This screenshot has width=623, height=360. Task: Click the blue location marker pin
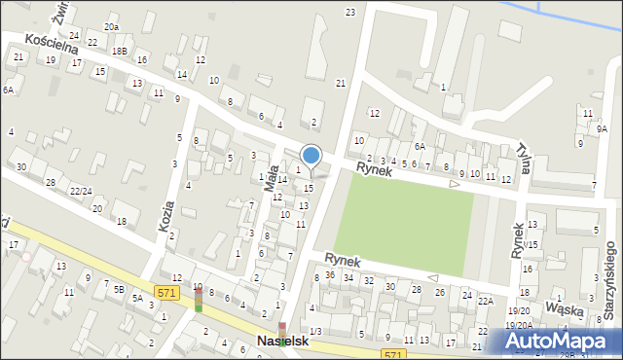pyautogui.click(x=311, y=156)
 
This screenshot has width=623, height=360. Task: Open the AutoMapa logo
pyautogui.click(x=563, y=341)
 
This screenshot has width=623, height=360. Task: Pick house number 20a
pyautogui.click(x=112, y=27)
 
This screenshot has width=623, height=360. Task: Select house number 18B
pyautogui.click(x=119, y=51)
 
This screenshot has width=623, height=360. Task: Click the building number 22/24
pyautogui.click(x=81, y=191)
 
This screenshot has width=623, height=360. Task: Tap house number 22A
pyautogui.click(x=485, y=302)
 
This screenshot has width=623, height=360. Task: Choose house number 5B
pyautogui.click(x=119, y=289)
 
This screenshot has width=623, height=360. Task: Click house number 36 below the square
pyautogui.click(x=331, y=275)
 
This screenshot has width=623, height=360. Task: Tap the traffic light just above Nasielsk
pyautogui.click(x=282, y=330)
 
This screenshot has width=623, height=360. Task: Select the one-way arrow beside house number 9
pyautogui.click(x=454, y=183)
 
